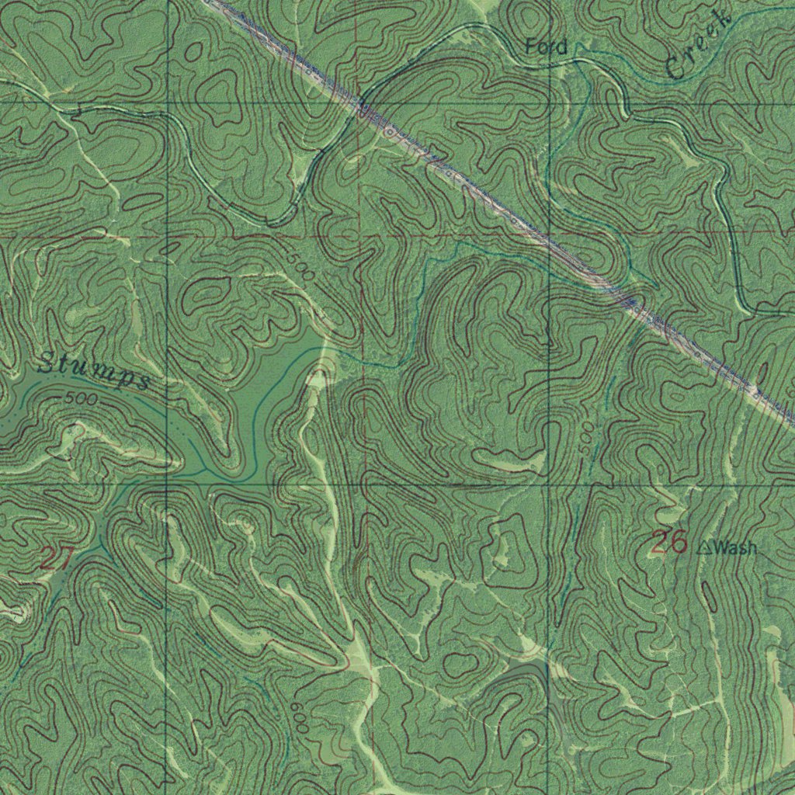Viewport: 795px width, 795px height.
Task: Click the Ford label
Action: pos(547,47)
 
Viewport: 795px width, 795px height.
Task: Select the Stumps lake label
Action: pos(93,371)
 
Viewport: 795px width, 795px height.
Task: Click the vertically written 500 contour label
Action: pos(588,436)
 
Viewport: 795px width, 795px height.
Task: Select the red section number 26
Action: pos(668,543)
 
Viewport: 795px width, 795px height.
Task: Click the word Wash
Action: pos(735,548)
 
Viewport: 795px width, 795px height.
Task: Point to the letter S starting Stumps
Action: pos(48,362)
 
